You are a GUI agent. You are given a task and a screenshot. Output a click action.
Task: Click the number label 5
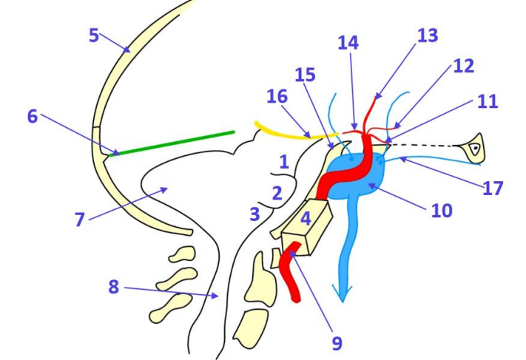click(x=94, y=35)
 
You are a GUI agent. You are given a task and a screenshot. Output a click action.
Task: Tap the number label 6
click(x=33, y=117)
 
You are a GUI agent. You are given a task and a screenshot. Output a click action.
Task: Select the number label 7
click(x=81, y=219)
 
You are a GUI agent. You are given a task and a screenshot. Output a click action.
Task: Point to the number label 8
click(x=113, y=286)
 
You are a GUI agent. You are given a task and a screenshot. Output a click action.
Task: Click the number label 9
click(x=337, y=342)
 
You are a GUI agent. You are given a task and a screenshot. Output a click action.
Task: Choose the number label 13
click(x=427, y=35)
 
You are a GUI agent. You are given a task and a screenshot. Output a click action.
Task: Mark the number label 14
click(x=348, y=43)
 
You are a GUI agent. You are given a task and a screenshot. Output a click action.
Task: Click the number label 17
click(x=492, y=188)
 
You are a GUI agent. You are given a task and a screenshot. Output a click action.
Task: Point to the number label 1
click(x=283, y=160)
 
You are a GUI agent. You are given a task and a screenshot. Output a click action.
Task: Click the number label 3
click(x=254, y=214)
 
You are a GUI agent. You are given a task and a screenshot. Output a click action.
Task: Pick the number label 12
click(x=462, y=66)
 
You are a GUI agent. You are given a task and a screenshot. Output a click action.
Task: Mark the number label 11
click(x=486, y=101)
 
